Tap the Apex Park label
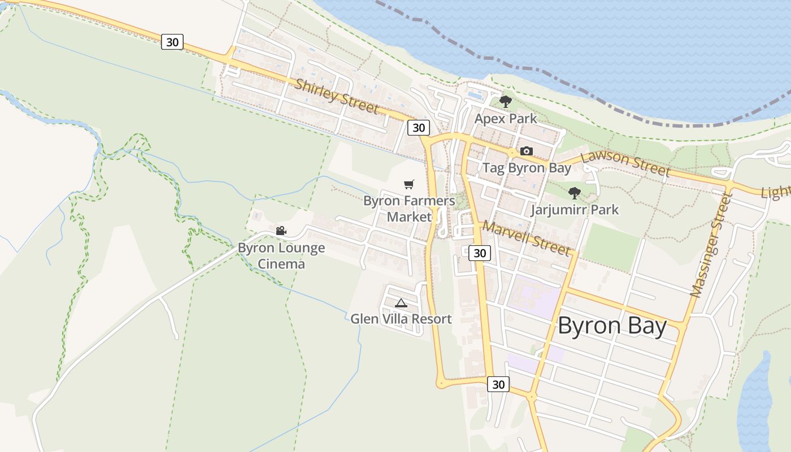[x=506, y=119]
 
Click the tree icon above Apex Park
[x=505, y=102]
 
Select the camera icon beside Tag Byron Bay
[x=527, y=151]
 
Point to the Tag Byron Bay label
[x=527, y=168]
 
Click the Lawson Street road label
[x=626, y=163]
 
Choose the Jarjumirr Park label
[x=575, y=210]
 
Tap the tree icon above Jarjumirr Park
[x=575, y=193]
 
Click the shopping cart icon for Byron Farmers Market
[x=409, y=184]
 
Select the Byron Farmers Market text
[x=409, y=208]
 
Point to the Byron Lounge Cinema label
[x=281, y=256]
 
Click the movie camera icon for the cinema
[x=281, y=231]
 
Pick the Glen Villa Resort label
[x=401, y=319]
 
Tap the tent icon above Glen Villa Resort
[x=401, y=303]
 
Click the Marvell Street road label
[x=525, y=238]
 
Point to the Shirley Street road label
[x=336, y=96]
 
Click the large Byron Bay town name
[x=612, y=327]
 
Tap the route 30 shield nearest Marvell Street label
[x=480, y=253]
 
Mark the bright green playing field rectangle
[x=610, y=246]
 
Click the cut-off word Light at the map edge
[x=776, y=192]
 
